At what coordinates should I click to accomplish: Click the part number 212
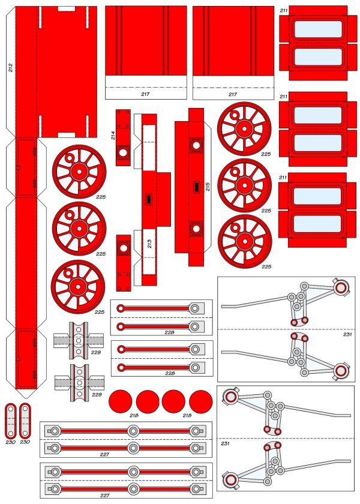tap(11, 67)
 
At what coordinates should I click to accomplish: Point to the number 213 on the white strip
tap(149, 244)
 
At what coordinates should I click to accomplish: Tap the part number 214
tap(113, 136)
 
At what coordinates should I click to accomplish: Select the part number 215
tap(208, 187)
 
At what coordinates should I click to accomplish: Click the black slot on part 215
tap(196, 187)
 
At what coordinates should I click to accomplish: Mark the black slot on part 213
tap(149, 199)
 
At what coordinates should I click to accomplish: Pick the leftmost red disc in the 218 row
tap(121, 401)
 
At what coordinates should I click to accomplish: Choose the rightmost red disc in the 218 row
tap(201, 401)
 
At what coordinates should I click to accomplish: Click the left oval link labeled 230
tap(11, 421)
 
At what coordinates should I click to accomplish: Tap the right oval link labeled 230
tap(25, 421)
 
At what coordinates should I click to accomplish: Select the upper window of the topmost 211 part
tap(318, 29)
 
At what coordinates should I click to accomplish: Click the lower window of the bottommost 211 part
tap(317, 224)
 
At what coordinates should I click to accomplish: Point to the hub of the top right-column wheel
tap(245, 129)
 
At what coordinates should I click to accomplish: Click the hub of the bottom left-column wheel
tap(78, 287)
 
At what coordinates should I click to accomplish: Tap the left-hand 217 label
tap(145, 94)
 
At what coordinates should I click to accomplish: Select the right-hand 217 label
tap(233, 94)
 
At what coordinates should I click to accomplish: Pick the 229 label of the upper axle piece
tap(96, 352)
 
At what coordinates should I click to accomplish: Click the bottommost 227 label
tap(105, 496)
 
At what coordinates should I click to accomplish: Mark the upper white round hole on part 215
tap(196, 145)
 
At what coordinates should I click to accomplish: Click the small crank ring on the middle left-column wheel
tap(70, 215)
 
